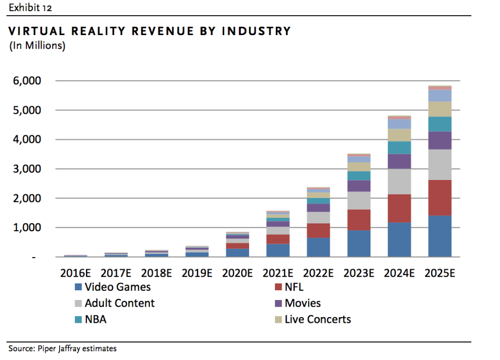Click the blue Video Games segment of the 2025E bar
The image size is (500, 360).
(439, 236)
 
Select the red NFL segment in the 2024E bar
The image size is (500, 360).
(399, 208)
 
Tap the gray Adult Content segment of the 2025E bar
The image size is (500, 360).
(439, 164)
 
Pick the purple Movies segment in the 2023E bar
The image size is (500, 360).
(359, 186)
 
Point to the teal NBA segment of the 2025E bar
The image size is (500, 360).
(439, 124)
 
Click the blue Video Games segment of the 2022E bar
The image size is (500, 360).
(318, 247)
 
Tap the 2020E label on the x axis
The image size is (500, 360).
(237, 273)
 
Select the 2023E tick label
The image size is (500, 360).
(359, 273)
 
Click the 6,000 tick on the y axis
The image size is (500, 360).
(38, 81)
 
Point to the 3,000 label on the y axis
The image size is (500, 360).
(38, 169)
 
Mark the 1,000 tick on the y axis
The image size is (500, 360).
(38, 228)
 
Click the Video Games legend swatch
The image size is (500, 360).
(78, 287)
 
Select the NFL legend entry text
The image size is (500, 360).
(294, 287)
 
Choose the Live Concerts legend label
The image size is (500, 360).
(317, 320)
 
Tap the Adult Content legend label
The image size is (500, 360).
(120, 303)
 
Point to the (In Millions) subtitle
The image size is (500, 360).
(37, 46)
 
